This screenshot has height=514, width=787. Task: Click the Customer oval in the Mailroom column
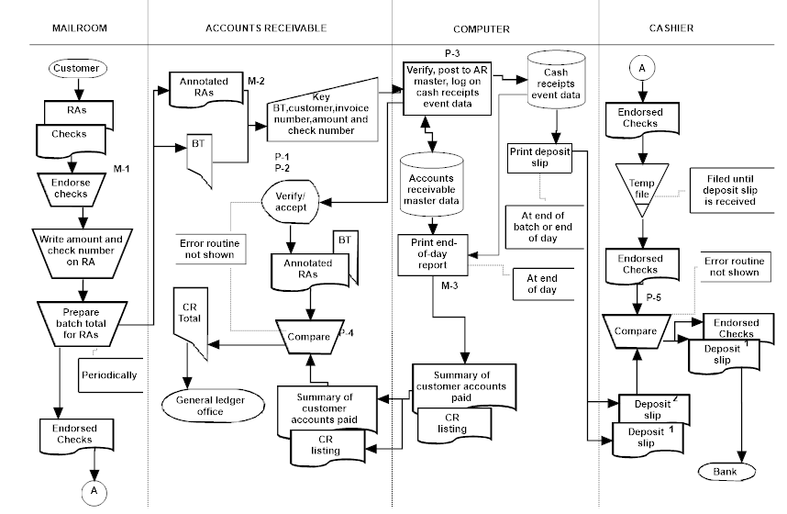(x=77, y=68)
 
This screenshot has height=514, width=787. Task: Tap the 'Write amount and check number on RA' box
(x=76, y=245)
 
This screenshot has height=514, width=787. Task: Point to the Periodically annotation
(x=108, y=374)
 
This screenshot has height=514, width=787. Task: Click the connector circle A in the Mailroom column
(x=92, y=491)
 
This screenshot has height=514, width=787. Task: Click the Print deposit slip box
(x=539, y=158)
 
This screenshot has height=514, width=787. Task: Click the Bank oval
(x=730, y=472)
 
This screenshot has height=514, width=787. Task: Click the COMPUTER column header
(x=481, y=28)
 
